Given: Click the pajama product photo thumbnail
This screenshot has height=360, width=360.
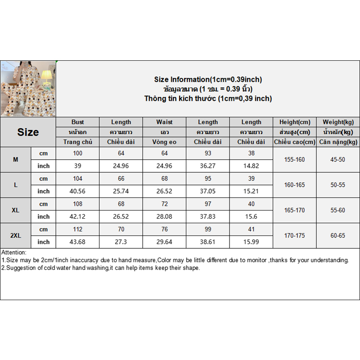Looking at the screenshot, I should click(x=28, y=89).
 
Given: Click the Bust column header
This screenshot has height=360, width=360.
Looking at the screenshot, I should click(x=77, y=122).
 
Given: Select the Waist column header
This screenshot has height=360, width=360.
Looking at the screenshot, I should click(x=164, y=122).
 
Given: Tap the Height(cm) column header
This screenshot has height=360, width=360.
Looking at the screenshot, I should click(x=295, y=122).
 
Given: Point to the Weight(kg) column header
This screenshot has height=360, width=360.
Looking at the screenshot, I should click(x=338, y=122).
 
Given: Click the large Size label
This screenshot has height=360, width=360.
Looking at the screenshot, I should click(x=28, y=132).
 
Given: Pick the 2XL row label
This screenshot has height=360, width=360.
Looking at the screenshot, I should click(x=16, y=235).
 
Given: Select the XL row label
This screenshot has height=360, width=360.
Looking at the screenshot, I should click(x=16, y=210).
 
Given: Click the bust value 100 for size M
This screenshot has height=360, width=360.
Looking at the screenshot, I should click(x=77, y=153).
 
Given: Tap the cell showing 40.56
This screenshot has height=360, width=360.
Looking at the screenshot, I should click(x=77, y=191).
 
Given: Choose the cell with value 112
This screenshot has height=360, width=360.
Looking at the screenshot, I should click(x=77, y=229).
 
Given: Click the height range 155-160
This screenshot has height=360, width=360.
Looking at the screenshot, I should click(x=295, y=160).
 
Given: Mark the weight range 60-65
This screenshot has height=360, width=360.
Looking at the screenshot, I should click(x=338, y=235).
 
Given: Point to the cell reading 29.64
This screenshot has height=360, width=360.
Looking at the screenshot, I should click(x=164, y=242).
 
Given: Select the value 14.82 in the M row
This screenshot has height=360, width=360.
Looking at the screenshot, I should click(x=251, y=166).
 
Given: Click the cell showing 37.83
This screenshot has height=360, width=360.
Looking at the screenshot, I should click(x=207, y=216).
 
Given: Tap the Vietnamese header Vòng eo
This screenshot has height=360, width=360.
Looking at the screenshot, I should click(x=164, y=142).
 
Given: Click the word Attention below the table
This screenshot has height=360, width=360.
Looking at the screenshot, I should click(x=14, y=252).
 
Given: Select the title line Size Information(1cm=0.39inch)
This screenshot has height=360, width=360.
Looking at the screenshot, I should click(x=208, y=80).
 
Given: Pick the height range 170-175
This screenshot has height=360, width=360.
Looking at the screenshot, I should click(x=295, y=235).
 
